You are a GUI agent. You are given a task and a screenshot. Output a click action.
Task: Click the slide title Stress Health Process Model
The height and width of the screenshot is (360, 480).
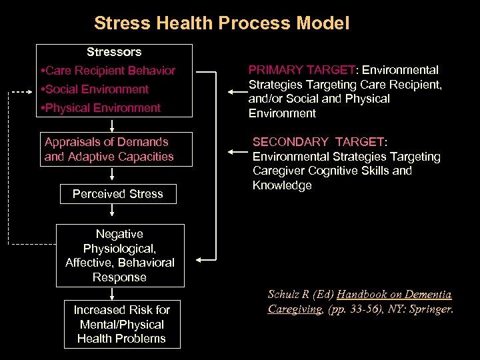221,24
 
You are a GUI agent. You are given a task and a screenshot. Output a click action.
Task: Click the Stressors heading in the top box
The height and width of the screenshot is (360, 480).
114,52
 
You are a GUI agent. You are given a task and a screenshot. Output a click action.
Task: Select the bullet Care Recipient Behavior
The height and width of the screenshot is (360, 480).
108,71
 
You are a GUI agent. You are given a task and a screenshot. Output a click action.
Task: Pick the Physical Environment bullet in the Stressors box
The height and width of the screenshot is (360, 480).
101,108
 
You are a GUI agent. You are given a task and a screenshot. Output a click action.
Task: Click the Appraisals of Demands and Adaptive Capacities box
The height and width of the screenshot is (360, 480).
109,149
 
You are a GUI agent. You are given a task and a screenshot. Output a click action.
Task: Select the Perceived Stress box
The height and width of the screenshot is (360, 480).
117,194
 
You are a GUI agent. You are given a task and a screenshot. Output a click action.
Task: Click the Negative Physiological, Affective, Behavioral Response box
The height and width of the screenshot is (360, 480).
120,255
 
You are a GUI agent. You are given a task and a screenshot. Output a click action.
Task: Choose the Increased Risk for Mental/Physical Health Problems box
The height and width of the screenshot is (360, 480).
121,324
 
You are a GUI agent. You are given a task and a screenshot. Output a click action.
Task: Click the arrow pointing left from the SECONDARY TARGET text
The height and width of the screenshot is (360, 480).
236,152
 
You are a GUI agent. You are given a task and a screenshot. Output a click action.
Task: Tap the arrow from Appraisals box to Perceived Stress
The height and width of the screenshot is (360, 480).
113,175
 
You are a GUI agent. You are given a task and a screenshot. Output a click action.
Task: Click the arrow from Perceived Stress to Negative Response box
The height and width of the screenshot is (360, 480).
113,211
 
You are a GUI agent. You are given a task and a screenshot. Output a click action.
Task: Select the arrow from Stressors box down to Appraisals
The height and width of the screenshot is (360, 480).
113,124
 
